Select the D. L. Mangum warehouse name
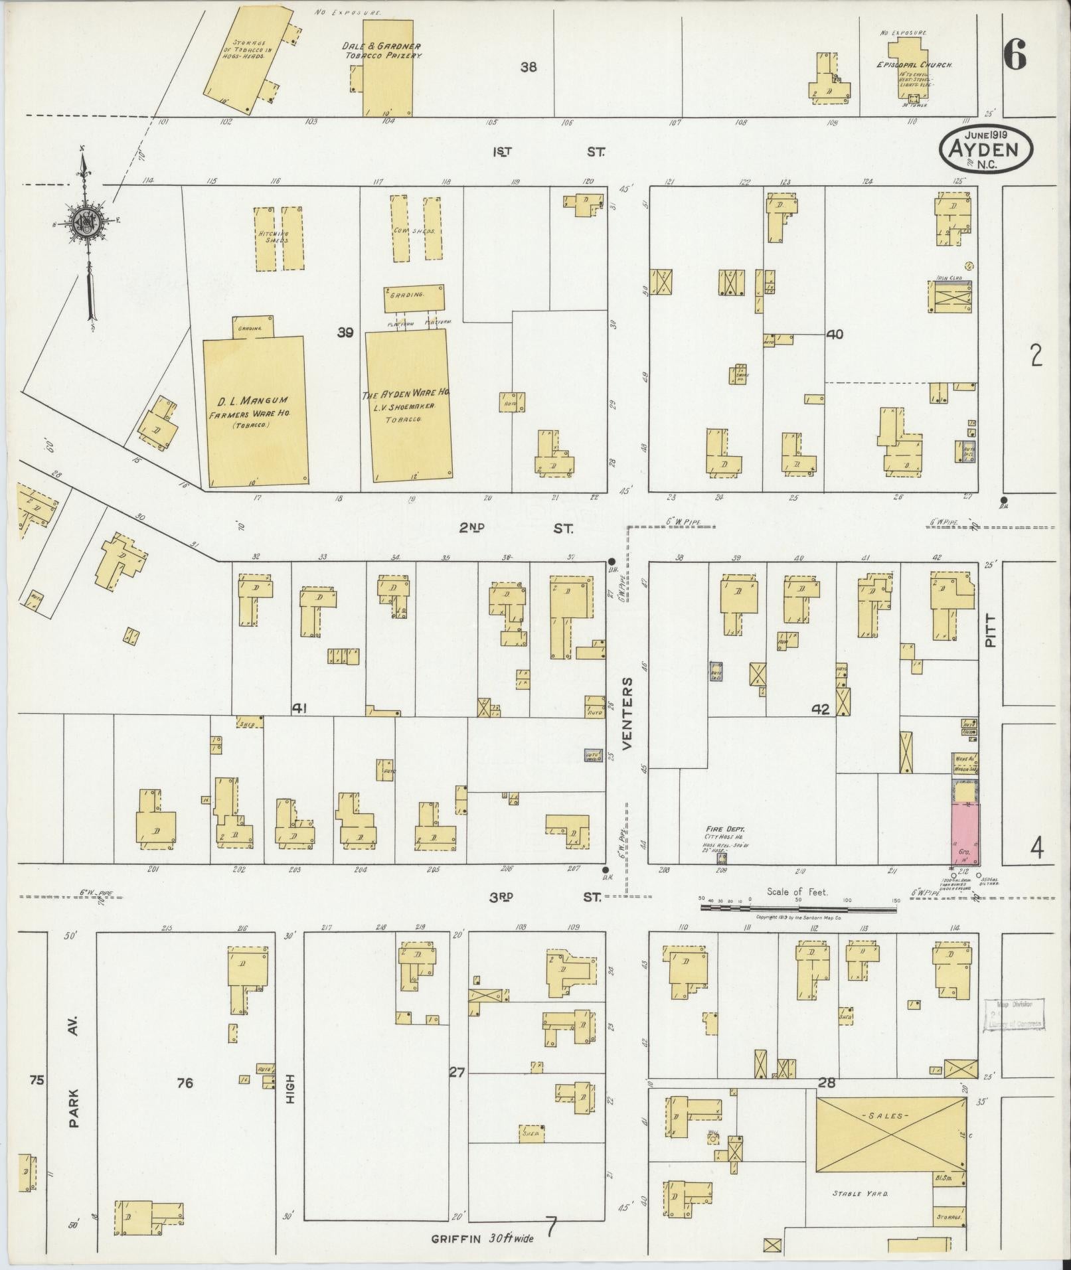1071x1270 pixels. [253, 402]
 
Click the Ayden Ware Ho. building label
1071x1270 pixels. [406, 394]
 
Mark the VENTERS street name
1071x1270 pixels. [627, 714]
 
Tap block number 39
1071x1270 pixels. [345, 333]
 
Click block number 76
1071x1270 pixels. [185, 1083]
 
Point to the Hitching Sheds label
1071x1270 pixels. [272, 237]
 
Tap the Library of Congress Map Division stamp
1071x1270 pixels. [1013, 1032]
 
